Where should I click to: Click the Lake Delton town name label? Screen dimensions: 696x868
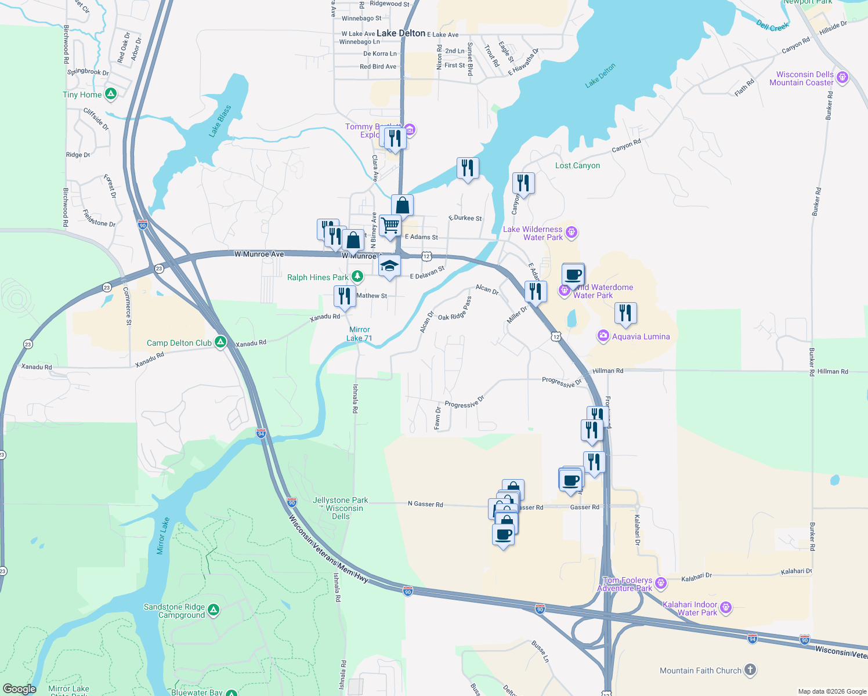[x=401, y=33]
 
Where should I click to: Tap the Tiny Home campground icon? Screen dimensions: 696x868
[x=111, y=94]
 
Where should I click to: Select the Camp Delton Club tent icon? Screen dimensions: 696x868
[x=220, y=342]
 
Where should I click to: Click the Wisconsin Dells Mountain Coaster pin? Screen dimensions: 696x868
[x=842, y=78]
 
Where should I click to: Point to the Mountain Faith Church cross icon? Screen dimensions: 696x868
[x=750, y=670]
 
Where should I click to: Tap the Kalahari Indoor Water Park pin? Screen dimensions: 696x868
[x=725, y=608]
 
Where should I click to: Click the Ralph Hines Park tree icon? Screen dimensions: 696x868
[x=357, y=277]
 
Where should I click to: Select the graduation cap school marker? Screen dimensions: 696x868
[x=389, y=266]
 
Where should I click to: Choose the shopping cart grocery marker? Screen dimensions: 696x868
[x=390, y=225]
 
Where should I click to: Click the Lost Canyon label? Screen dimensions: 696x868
[x=577, y=165]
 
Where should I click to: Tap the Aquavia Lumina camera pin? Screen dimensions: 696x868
[x=603, y=336]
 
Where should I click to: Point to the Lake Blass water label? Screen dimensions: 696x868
[x=220, y=121]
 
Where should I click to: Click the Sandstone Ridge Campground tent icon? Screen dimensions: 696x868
[x=214, y=610]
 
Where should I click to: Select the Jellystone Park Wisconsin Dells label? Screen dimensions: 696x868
[x=341, y=508]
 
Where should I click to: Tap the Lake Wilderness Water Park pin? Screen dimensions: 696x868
[x=572, y=233]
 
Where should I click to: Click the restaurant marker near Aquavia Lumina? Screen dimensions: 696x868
[x=625, y=313]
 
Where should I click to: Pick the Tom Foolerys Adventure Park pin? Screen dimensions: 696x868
[x=660, y=583]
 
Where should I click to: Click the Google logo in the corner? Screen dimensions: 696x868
[x=19, y=688]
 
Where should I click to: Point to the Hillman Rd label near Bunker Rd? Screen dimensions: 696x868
[x=832, y=371]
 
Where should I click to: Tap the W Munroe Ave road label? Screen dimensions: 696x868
[x=259, y=254]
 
